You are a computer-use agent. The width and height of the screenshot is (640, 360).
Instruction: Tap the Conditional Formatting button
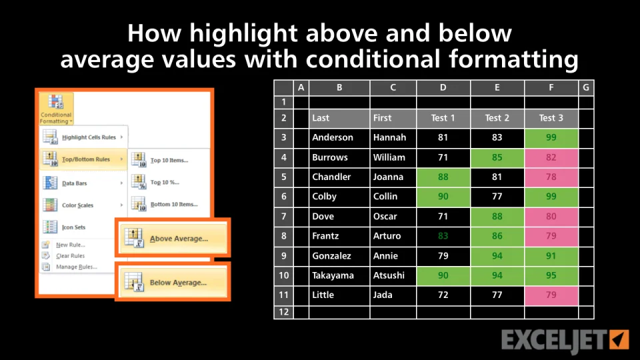56,109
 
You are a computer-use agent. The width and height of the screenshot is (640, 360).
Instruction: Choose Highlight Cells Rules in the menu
83,137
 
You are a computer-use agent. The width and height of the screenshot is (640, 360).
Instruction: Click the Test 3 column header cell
551,119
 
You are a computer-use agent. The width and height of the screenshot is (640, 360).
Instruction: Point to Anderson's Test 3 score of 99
551,137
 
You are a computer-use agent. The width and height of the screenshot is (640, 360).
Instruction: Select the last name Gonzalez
331,256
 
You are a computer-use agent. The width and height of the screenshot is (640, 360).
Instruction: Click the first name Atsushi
389,275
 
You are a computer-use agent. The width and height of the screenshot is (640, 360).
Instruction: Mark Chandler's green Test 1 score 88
443,177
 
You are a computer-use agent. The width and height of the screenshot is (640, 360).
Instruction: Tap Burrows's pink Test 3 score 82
551,157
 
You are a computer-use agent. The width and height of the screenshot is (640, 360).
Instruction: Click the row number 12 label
284,312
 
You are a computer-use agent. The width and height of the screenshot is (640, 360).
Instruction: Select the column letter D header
443,87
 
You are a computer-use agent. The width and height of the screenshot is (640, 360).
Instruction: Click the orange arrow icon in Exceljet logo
619,339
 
